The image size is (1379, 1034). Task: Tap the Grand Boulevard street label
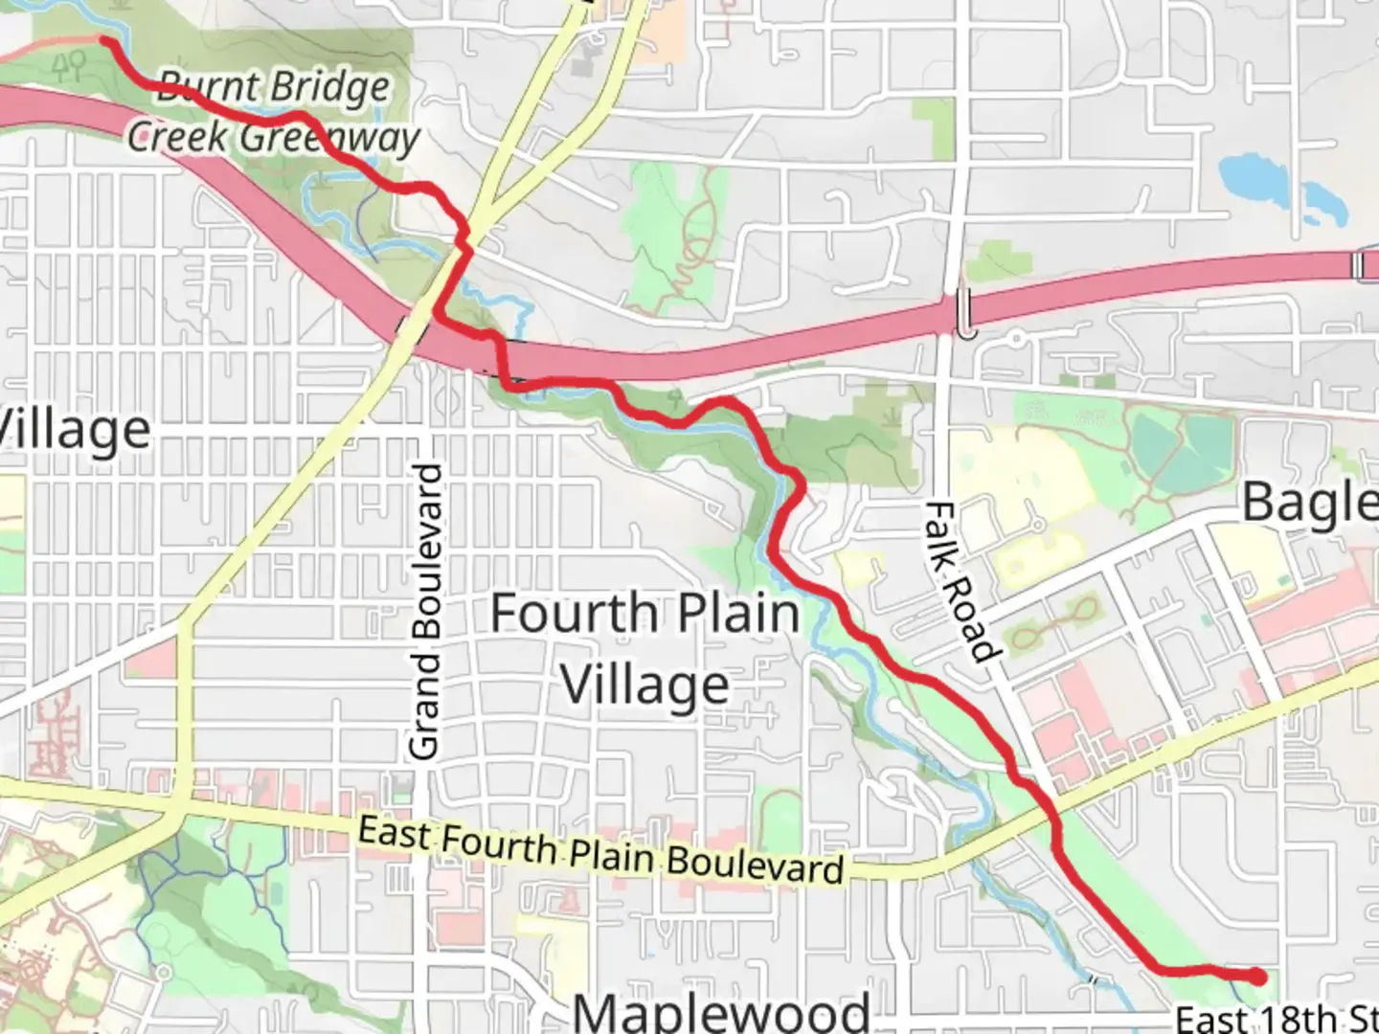(428, 613)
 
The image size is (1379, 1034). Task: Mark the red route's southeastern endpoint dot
(1255, 976)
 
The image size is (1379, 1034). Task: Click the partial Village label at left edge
(75, 430)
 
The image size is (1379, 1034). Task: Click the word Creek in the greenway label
(179, 136)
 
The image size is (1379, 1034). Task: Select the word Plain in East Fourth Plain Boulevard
(610, 852)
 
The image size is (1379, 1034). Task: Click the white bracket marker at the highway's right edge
(1365, 266)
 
